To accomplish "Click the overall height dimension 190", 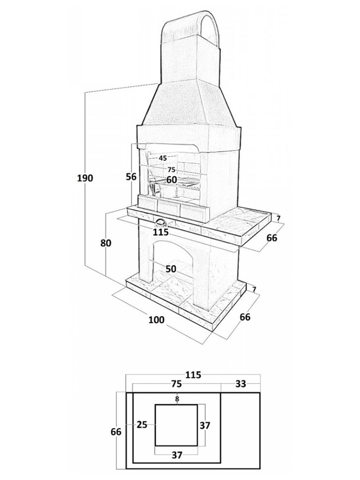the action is [85, 178].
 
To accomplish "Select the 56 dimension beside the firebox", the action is [131, 177].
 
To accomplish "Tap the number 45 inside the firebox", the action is [163, 158].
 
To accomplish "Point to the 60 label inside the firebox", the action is [172, 180].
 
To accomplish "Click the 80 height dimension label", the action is [106, 243].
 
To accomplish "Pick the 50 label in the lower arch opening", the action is [171, 269].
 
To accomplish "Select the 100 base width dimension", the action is [157, 320].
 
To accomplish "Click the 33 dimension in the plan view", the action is [241, 383].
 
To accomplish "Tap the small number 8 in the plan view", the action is [177, 398].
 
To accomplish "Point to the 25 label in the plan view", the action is [142, 425].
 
